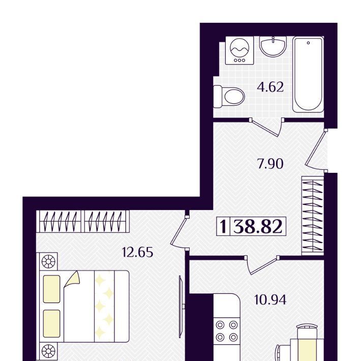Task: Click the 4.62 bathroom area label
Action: pyautogui.click(x=270, y=87)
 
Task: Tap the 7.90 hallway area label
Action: pyautogui.click(x=270, y=164)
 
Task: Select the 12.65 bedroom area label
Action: pyautogui.click(x=138, y=252)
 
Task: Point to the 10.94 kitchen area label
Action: pyautogui.click(x=270, y=300)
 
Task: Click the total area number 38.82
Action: pyautogui.click(x=258, y=226)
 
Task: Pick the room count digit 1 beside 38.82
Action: pyautogui.click(x=223, y=226)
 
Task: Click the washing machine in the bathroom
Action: pyautogui.click(x=239, y=50)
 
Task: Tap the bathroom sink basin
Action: pyautogui.click(x=273, y=46)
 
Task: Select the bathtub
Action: pyautogui.click(x=308, y=75)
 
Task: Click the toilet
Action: pyautogui.click(x=229, y=97)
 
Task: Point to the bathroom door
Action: pyautogui.click(x=266, y=127)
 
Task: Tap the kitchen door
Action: pyautogui.click(x=262, y=265)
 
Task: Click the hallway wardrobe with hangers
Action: pyautogui.click(x=313, y=216)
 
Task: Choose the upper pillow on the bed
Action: pyautogui.click(x=51, y=289)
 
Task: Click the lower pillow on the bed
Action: pyautogui.click(x=51, y=324)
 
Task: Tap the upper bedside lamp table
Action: pyautogui.click(x=48, y=261)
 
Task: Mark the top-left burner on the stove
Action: pyautogui.click(x=220, y=325)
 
